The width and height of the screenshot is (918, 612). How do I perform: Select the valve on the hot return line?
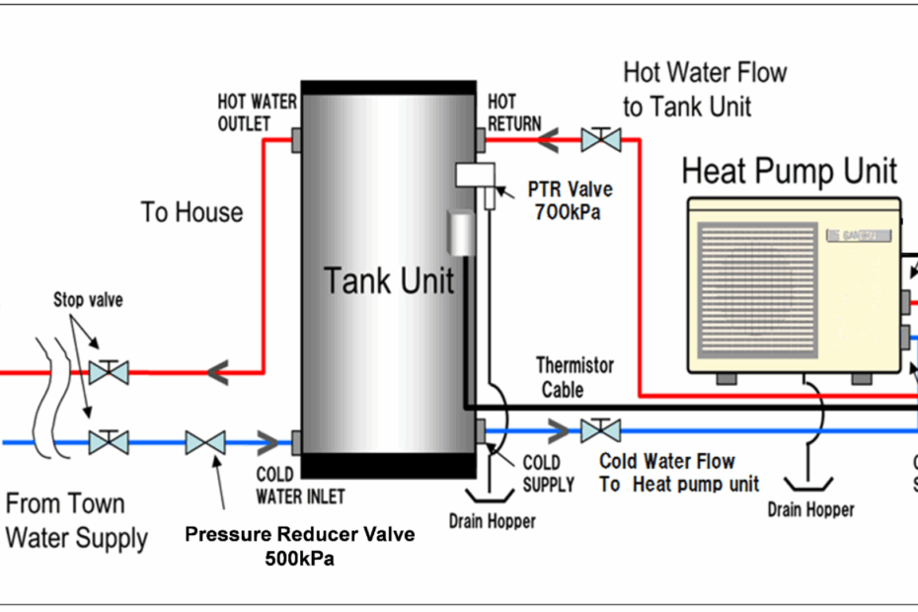click(x=600, y=138)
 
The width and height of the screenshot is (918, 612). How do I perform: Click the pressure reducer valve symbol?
click(x=205, y=442)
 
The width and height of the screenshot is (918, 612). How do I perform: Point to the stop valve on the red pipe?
click(x=108, y=372)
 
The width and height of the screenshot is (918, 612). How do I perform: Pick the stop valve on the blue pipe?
click(x=108, y=442)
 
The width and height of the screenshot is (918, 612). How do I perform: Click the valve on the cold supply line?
click(x=600, y=430)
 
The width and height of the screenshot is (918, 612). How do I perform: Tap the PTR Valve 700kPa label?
click(x=570, y=200)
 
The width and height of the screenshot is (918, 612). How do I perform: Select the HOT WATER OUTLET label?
click(x=257, y=112)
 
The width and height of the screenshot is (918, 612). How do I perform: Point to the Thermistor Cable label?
click(x=574, y=377)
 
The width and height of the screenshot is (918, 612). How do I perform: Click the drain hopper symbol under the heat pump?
click(x=809, y=483)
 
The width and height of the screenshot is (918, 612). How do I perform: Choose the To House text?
click(x=191, y=212)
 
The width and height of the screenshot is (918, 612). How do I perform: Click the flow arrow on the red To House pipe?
click(x=218, y=372)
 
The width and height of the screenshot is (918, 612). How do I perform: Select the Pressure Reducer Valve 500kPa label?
click(x=300, y=546)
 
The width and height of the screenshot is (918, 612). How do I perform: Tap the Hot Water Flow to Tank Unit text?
click(x=705, y=89)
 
